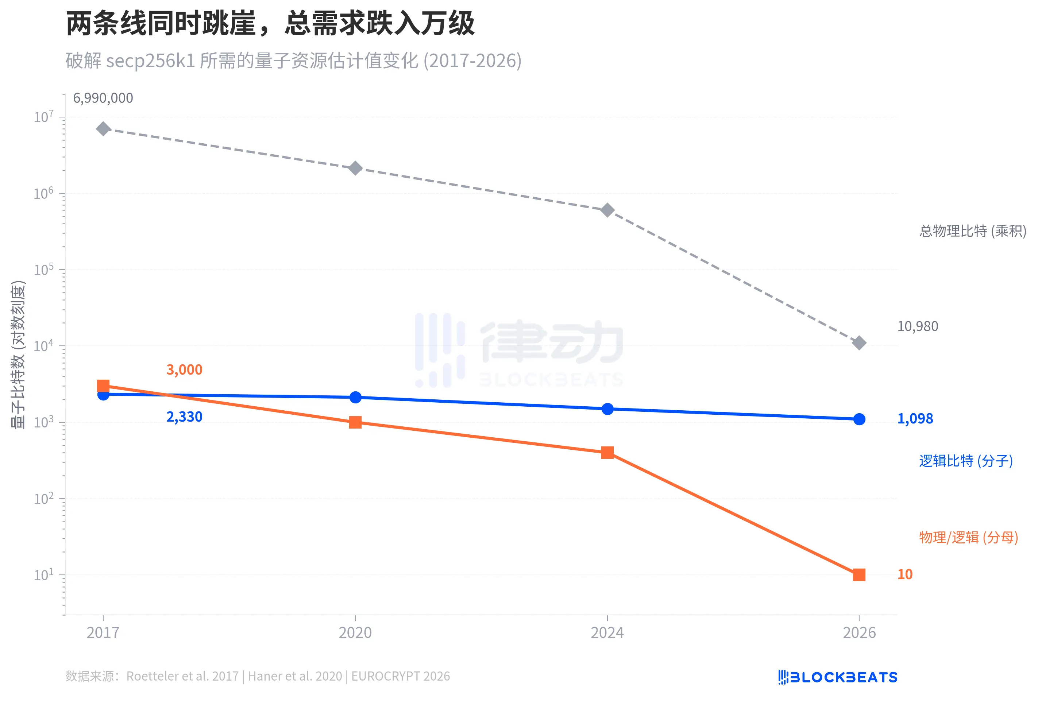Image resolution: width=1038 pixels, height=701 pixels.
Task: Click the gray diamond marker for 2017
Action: tap(103, 129)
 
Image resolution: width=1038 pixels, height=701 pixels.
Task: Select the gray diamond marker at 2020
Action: tap(355, 169)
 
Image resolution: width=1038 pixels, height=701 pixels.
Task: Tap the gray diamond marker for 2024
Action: tap(607, 210)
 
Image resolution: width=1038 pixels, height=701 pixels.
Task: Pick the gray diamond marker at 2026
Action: tap(859, 343)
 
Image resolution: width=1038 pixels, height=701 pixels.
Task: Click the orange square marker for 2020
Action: tap(355, 422)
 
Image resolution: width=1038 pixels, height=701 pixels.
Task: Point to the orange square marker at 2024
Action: tap(607, 452)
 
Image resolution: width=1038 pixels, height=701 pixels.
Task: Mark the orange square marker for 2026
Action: tap(859, 575)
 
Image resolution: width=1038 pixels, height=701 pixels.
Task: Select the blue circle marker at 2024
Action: tap(607, 408)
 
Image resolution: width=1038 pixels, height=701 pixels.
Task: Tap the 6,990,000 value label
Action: tap(103, 98)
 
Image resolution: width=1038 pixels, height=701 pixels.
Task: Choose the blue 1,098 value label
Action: tap(915, 418)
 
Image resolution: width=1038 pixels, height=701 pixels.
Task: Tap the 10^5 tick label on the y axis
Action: tap(43, 269)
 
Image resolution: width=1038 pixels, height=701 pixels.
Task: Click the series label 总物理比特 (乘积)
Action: tap(972, 231)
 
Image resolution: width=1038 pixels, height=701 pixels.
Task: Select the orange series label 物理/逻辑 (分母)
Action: tap(968, 537)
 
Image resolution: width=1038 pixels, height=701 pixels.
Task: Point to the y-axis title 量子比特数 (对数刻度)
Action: tap(18, 355)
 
